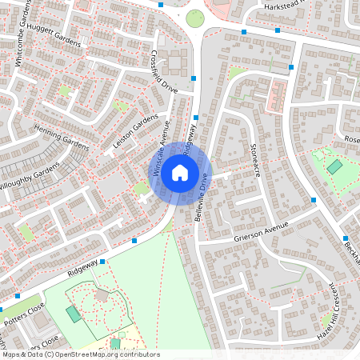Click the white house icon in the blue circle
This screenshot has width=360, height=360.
coord(180,171)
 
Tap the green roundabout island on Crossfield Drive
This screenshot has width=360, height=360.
coord(195,18)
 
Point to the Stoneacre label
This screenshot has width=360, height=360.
coord(254,160)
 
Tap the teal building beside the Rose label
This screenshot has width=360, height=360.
coord(334,167)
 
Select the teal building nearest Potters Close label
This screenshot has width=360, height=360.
coord(74,314)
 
